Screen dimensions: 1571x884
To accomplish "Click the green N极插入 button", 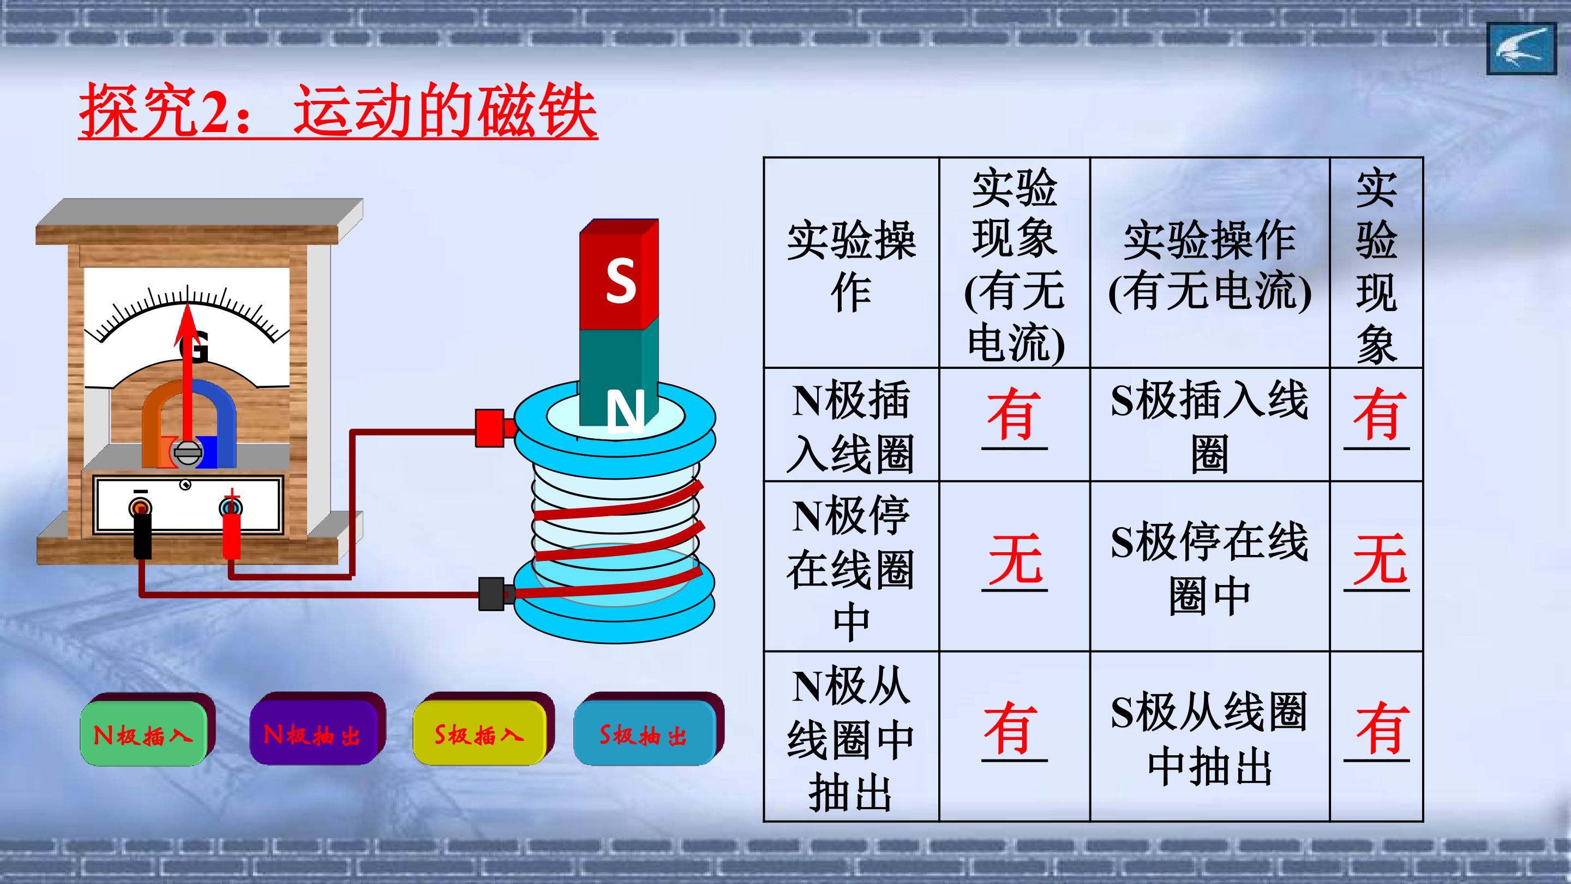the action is pos(144,733).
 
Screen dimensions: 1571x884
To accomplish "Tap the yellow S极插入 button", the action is pos(479,733).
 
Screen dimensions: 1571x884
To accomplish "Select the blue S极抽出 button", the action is pos(644,733).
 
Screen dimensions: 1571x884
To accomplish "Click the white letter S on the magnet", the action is pos(620,280).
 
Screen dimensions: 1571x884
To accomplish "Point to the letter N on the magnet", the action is pos(625,413).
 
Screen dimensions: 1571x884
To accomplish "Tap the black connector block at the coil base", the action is pos(493,594).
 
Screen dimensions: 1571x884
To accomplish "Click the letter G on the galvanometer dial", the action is pos(194,349).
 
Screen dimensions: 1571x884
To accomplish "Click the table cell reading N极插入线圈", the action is pos(852,425).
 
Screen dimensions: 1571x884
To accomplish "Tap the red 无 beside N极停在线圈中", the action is pos(1014,559).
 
